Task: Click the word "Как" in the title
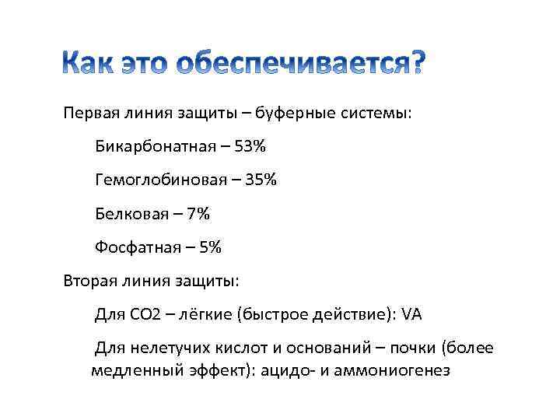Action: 87,65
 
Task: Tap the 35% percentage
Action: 261,180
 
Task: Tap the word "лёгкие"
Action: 206,314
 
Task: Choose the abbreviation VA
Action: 411,314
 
